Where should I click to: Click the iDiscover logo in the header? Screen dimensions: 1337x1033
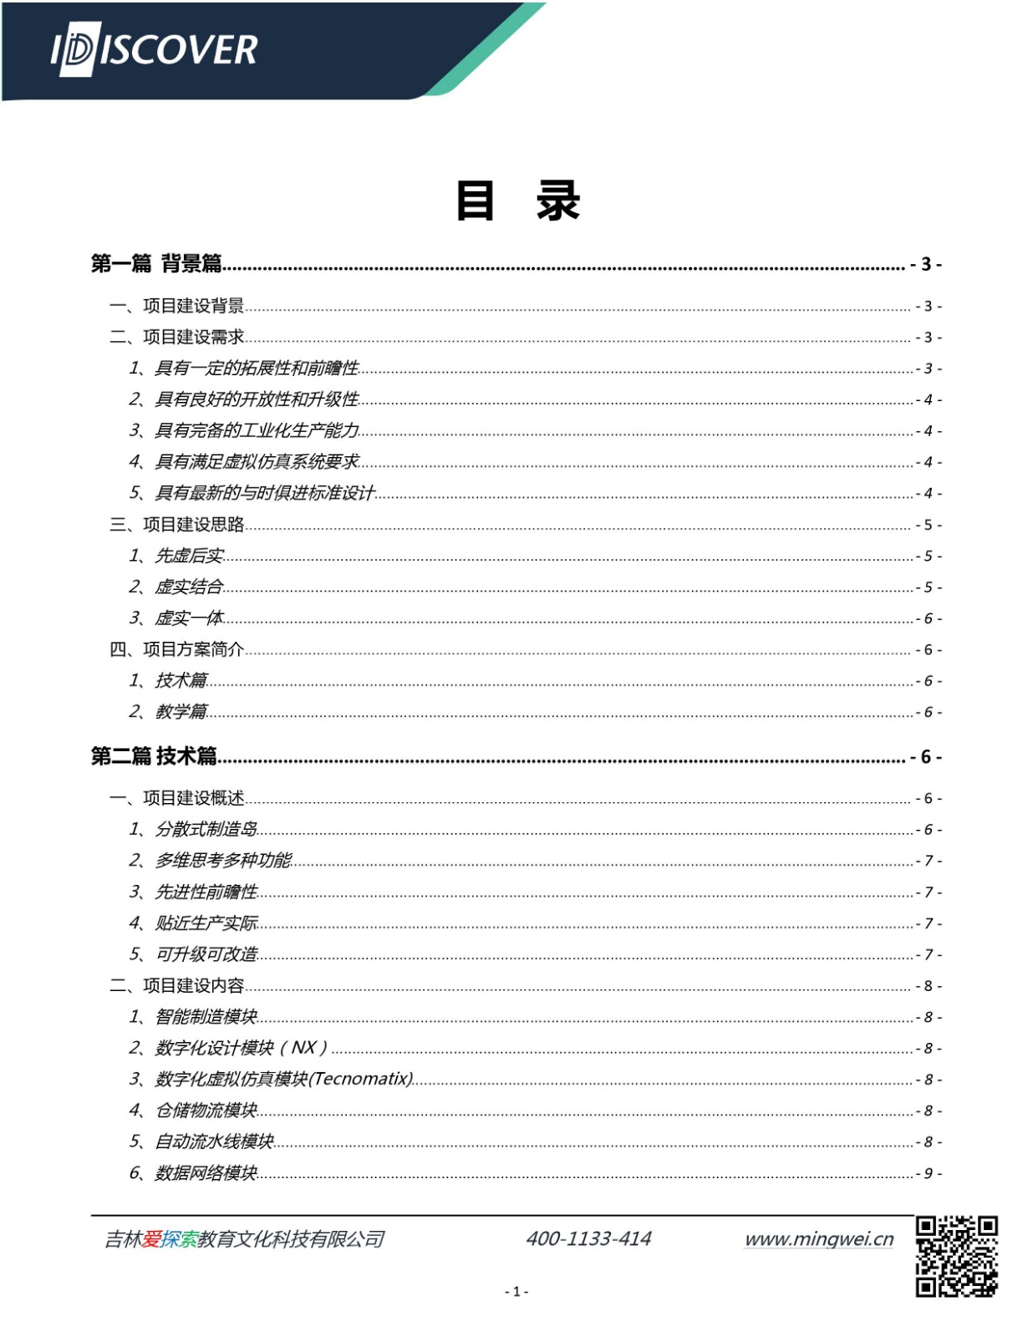tap(155, 50)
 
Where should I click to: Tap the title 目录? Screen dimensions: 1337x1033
tap(517, 201)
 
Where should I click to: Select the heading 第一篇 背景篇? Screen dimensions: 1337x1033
tap(156, 264)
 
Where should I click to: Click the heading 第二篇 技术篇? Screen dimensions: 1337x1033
tap(154, 756)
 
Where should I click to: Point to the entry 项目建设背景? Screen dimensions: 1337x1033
tap(193, 306)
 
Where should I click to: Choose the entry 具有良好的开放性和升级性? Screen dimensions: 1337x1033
tap(257, 399)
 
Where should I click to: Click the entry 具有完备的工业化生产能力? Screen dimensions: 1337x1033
tap(257, 430)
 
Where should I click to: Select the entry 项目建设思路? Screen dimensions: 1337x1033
tap(193, 525)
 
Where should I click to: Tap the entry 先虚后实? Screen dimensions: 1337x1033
tap(189, 556)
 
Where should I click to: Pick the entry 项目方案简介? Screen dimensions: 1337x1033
tap(193, 649)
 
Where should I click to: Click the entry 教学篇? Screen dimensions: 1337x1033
tap(181, 712)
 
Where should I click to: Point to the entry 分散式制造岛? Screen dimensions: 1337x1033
tap(206, 829)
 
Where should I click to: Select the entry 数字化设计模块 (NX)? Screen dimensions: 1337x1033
tap(241, 1048)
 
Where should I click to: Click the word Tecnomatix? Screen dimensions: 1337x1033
tap(362, 1079)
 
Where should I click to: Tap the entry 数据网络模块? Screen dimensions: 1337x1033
tap(206, 1173)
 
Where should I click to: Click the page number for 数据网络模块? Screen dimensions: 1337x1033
tap(928, 1173)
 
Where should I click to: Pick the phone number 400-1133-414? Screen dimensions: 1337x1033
tap(588, 1238)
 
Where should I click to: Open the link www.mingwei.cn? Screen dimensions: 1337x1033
tap(819, 1238)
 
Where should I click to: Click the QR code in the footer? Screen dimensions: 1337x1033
tap(956, 1256)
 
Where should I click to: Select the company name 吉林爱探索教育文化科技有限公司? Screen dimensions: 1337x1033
tap(244, 1238)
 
